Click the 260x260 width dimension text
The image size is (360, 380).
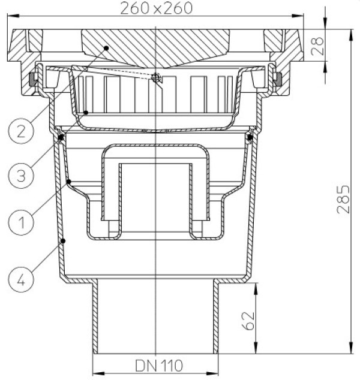pyautogui.click(x=156, y=8)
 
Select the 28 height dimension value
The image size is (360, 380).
pyautogui.click(x=317, y=46)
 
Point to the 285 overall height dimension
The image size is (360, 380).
pyautogui.click(x=344, y=200)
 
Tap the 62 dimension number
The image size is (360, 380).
pyautogui.click(x=248, y=321)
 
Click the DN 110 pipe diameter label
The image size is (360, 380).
pyautogui.click(x=159, y=366)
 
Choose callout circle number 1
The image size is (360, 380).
pyautogui.click(x=21, y=222)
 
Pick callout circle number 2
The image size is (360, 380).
pyautogui.click(x=21, y=131)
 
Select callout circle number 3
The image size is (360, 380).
pyautogui.click(x=21, y=176)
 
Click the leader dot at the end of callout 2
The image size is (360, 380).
pyautogui.click(x=106, y=48)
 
